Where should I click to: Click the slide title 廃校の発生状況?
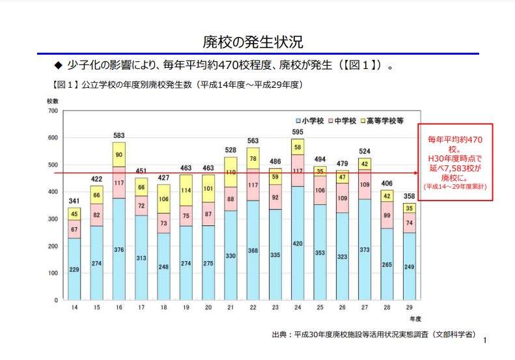(x=257, y=42)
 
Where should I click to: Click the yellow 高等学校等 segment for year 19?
(x=186, y=190)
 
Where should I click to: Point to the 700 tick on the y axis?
(x=53, y=111)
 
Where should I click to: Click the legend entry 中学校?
(x=343, y=121)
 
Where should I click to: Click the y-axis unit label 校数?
(x=53, y=101)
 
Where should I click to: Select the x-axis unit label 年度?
(x=415, y=319)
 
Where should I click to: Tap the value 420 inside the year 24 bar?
(x=298, y=243)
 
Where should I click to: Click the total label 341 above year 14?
(x=74, y=201)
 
